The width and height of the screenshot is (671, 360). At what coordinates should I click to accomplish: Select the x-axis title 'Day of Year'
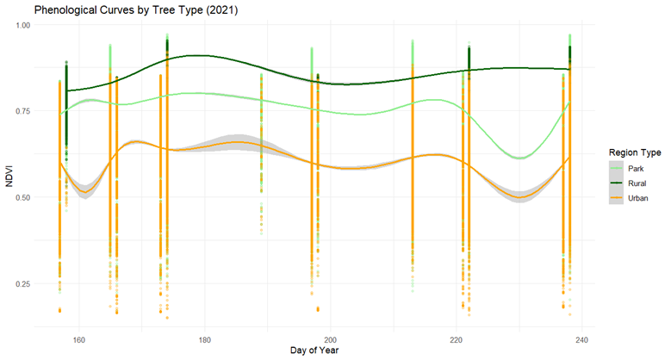point(315,350)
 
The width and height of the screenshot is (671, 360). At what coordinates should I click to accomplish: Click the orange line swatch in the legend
point(617,198)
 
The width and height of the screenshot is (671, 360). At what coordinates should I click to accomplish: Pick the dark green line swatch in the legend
point(617,183)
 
